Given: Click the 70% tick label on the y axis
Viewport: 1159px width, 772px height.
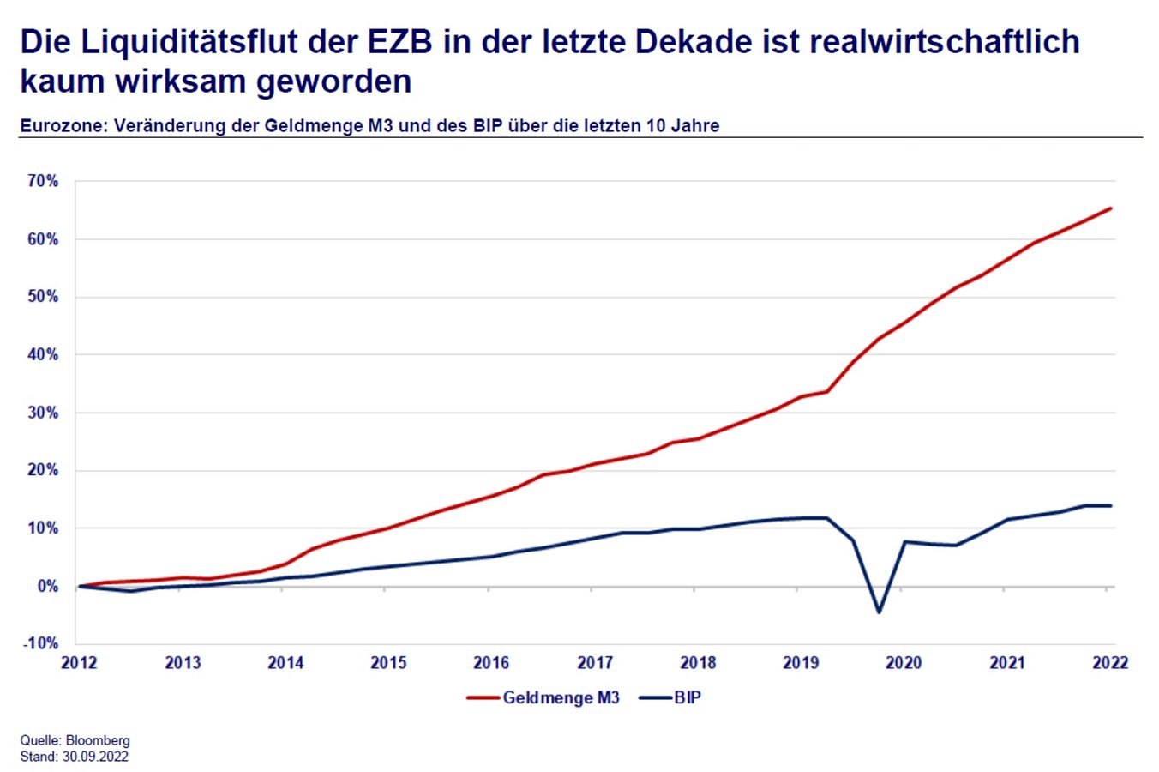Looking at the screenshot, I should [43, 181].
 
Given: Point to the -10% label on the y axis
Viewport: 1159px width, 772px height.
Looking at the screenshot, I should [41, 643].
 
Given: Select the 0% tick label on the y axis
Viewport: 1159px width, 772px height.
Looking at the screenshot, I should [47, 587].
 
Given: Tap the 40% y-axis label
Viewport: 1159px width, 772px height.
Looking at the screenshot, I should [43, 354].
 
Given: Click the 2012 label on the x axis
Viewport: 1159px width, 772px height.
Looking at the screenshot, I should [79, 663].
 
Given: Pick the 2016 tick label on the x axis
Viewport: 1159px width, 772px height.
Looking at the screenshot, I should [491, 663].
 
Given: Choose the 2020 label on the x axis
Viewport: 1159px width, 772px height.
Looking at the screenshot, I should [904, 663].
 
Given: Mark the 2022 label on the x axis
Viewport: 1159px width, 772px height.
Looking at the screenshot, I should [1110, 663].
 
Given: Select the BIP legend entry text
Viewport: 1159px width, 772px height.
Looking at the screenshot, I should [688, 697].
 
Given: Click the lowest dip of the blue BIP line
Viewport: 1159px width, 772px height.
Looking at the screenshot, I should [879, 612].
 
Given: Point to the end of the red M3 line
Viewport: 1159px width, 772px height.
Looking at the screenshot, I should [1111, 208].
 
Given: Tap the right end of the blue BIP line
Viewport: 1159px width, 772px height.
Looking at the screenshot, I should [1111, 505].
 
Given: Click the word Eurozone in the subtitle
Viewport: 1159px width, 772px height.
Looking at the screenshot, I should [63, 126].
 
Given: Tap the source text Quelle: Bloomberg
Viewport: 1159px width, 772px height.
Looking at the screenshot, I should [75, 740].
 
